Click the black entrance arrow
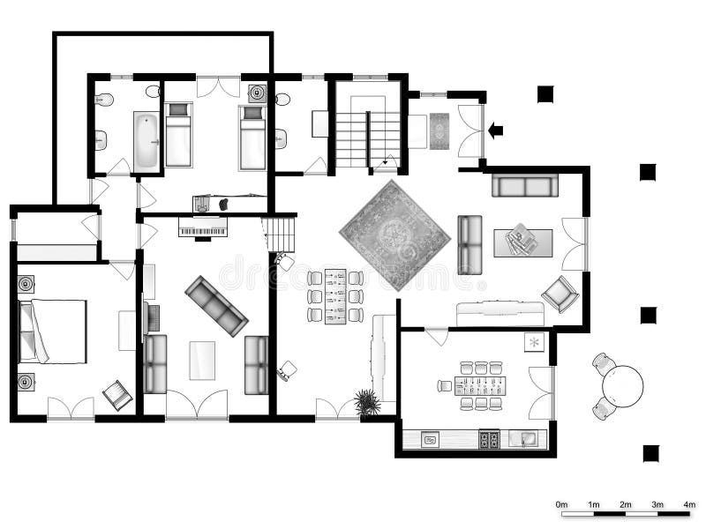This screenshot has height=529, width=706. (495, 130)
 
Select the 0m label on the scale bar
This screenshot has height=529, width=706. (562, 504)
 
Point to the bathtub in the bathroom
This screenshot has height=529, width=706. (146, 139)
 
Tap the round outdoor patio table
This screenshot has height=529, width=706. (622, 384)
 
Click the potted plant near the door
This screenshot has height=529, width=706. (367, 403)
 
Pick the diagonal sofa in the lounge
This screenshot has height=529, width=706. (216, 305)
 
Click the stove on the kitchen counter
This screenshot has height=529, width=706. (488, 438)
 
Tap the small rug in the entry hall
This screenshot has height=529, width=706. (439, 131)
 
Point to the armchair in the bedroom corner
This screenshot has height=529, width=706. (116, 394)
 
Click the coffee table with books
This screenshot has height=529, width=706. (522, 242)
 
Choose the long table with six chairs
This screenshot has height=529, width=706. (335, 295)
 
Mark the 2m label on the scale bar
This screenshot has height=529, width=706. (626, 504)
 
